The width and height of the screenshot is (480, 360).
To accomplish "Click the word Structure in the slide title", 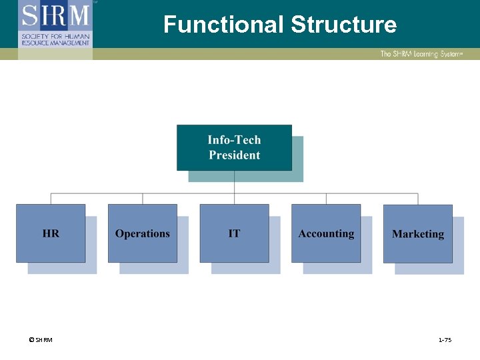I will [x=343, y=25].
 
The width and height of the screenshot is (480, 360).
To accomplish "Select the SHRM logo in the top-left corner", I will [x=55, y=15].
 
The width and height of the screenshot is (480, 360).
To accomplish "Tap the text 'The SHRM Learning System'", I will [x=421, y=54].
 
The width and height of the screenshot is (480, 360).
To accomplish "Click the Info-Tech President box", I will [x=234, y=147].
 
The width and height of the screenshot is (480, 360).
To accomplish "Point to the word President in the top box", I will [x=234, y=155].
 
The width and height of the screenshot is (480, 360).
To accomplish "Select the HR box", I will [x=51, y=233].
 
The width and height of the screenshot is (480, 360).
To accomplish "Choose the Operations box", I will [x=142, y=233].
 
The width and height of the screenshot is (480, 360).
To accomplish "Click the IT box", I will [x=234, y=233].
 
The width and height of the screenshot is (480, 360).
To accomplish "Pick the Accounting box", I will [x=326, y=233].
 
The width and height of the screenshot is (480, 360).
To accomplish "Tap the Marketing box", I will [x=418, y=233].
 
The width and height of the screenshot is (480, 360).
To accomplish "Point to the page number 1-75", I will [x=445, y=341].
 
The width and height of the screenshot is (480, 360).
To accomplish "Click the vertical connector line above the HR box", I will [x=51, y=199].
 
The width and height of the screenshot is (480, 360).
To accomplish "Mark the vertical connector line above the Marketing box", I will [x=418, y=199].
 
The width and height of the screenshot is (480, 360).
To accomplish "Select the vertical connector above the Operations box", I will [x=143, y=199].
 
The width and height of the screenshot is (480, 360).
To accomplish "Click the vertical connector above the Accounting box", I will [x=326, y=199].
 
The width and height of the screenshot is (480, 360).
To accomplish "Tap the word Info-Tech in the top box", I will [x=234, y=140].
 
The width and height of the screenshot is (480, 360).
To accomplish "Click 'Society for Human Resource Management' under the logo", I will [x=55, y=38].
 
